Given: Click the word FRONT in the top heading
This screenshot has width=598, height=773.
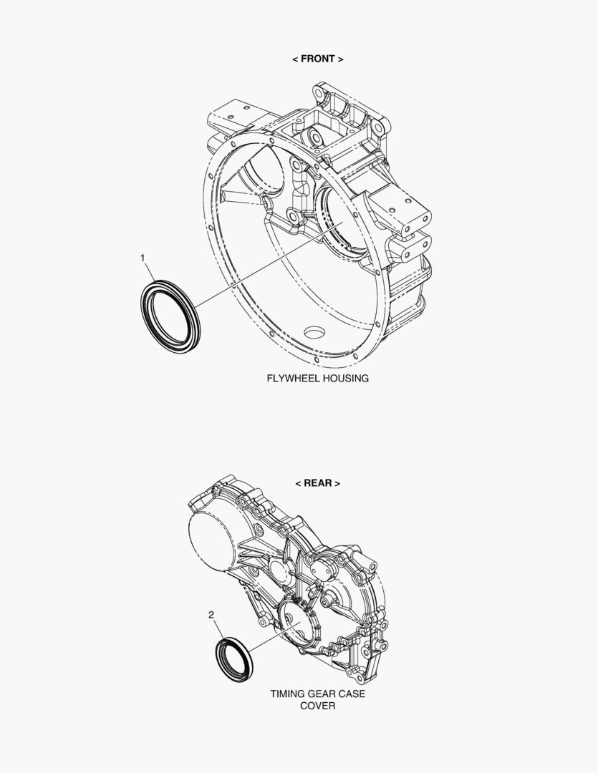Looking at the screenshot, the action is point(318,59).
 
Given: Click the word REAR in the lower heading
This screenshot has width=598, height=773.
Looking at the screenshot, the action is point(317,483).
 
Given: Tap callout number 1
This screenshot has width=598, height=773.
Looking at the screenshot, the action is point(143,258).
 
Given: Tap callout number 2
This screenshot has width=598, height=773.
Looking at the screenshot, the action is point(211,615).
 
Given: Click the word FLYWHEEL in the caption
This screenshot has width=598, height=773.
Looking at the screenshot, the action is point(291,379).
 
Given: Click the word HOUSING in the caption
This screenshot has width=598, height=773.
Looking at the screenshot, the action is point(344,379).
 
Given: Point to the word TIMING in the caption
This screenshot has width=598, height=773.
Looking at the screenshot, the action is point(286,694).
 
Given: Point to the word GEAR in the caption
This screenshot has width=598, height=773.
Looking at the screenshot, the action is point(319,694).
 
